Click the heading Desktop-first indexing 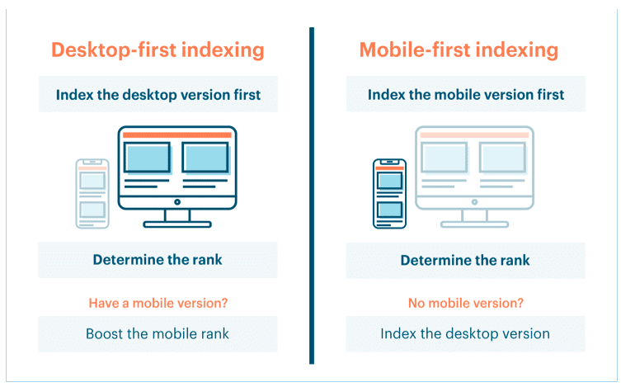[x=158, y=50]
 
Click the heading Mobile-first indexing [x=459, y=50]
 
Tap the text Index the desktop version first [x=158, y=95]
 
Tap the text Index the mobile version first [x=466, y=95]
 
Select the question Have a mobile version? [x=158, y=303]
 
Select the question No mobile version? [x=466, y=303]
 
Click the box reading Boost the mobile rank [x=158, y=334]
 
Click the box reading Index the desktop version [x=465, y=333]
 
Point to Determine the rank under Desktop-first [x=158, y=260]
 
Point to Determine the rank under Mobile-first [x=465, y=260]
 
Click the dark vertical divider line [x=312, y=196]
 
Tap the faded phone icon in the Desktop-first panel [x=92, y=194]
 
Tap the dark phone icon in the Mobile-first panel [x=390, y=194]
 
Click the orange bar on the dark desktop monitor [x=177, y=135]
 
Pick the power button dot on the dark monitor [x=177, y=202]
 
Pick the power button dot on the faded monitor [x=474, y=202]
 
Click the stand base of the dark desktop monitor [x=177, y=224]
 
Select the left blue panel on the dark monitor [x=148, y=158]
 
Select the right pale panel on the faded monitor [x=502, y=158]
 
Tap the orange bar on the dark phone [x=390, y=168]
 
